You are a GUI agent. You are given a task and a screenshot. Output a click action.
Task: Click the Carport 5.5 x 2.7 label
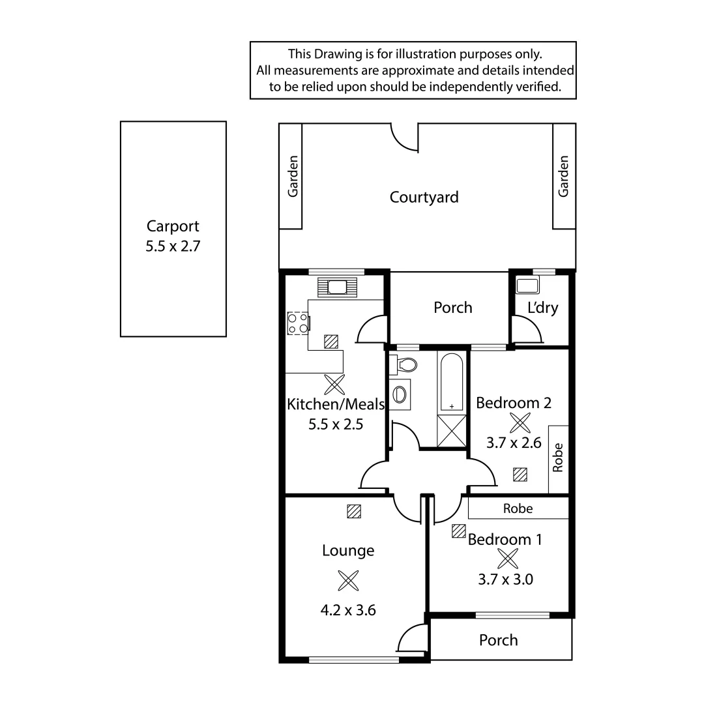[173, 236]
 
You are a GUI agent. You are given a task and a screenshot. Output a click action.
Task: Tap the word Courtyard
[424, 197]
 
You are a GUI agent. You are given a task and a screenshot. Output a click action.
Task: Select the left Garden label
[293, 176]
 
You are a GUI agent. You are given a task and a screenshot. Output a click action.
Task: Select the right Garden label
[564, 176]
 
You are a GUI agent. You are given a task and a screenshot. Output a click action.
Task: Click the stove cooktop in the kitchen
[298, 323]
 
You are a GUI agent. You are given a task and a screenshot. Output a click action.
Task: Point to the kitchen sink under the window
[338, 287]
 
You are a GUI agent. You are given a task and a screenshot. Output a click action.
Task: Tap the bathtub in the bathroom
[452, 382]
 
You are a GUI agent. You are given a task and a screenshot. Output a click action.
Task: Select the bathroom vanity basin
[400, 394]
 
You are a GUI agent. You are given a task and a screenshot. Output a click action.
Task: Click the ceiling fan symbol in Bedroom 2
[520, 422]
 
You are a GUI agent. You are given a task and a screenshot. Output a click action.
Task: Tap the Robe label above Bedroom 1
[518, 508]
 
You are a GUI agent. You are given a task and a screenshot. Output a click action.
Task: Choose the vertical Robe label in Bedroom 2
[558, 458]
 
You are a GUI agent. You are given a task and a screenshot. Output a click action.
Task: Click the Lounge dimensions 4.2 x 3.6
[348, 611]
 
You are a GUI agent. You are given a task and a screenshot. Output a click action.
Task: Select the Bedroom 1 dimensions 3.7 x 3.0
[505, 579]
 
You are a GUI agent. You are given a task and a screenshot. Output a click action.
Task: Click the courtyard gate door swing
[404, 138]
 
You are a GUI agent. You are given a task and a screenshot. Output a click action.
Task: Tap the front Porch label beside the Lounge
[499, 640]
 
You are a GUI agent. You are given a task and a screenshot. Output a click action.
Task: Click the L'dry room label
[542, 308]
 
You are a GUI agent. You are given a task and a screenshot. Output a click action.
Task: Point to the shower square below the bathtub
[452, 430]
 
